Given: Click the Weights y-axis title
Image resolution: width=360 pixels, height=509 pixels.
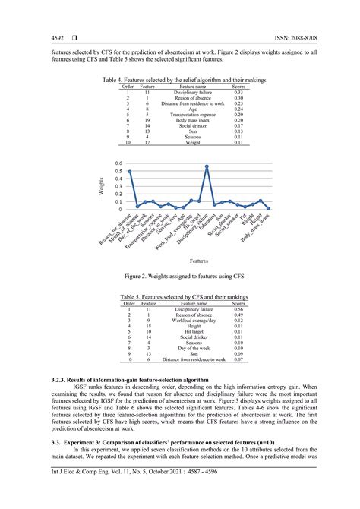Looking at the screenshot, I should click(x=99, y=186).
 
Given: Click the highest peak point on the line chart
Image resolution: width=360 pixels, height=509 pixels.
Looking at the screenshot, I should click(x=207, y=166).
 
